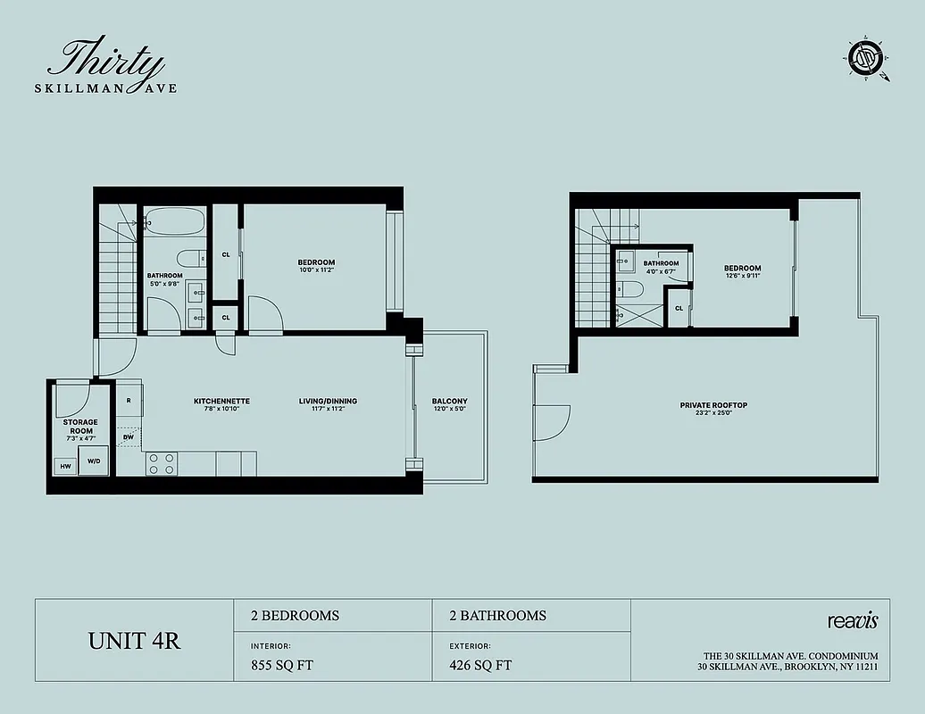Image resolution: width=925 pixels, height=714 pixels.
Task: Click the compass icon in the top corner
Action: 863,60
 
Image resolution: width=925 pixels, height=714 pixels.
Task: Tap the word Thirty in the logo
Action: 106,62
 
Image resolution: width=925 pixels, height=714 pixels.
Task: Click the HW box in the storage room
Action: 65,466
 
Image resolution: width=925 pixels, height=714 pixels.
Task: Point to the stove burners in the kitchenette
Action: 162,463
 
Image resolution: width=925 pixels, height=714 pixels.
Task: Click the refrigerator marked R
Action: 129,401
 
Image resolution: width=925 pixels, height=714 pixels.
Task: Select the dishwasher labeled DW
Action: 129,436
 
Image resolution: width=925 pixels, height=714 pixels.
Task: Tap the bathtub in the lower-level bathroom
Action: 175,220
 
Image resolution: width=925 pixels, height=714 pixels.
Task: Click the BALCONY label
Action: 449,401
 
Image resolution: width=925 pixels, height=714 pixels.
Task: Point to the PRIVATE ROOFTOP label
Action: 713,405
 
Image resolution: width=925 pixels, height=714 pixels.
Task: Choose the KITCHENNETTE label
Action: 221,401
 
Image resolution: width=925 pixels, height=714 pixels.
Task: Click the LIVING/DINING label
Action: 328,401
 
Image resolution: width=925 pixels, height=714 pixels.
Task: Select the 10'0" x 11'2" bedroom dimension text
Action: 316,270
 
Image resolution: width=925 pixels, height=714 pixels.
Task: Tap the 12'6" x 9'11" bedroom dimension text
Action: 742,276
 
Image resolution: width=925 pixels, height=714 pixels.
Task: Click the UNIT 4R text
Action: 134,641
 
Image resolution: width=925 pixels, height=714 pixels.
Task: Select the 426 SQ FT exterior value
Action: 480,665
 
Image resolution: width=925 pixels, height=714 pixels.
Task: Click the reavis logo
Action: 853,620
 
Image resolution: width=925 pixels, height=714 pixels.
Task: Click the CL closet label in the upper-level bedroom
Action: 679,308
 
